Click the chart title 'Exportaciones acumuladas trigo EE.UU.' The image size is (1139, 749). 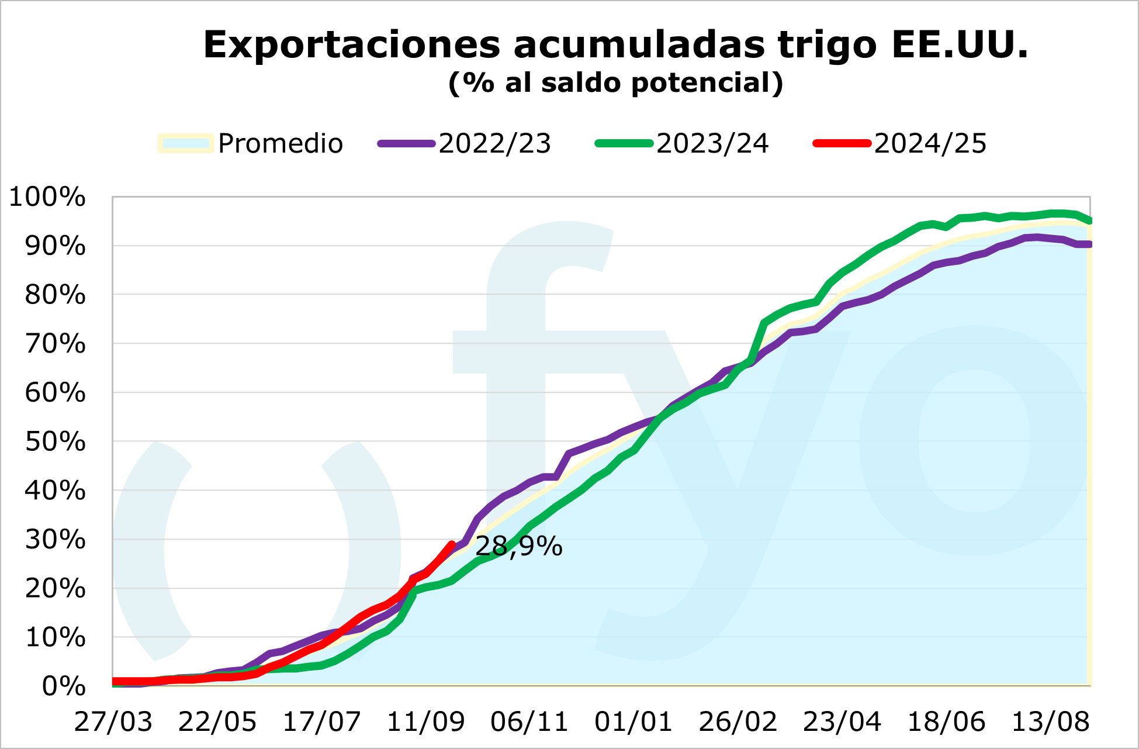click(615, 45)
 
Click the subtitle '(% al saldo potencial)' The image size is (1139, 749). click(615, 83)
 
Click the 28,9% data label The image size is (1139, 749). click(519, 547)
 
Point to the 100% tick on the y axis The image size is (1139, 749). click(47, 198)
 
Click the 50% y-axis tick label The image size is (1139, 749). click(55, 442)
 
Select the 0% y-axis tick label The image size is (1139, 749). click(64, 686)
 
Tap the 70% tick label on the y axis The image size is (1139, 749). click(55, 344)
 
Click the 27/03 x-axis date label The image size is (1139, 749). click(113, 723)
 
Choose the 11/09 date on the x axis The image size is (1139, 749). click(425, 723)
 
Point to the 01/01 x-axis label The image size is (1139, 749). click(633, 723)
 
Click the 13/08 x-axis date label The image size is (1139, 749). click(1050, 723)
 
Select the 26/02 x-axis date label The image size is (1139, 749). click(738, 723)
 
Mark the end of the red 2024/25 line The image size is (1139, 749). click(452, 544)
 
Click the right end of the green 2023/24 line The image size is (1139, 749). click(1089, 221)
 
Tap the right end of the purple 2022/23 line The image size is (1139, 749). click(1089, 244)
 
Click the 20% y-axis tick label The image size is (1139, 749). click(55, 588)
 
